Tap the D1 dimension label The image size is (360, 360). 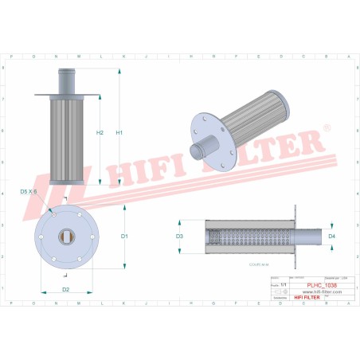pyautogui.click(x=124, y=237)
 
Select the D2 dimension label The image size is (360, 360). pyautogui.click(x=66, y=289)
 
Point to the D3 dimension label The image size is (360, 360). pyautogui.click(x=179, y=237)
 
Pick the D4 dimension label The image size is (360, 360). pyautogui.click(x=331, y=237)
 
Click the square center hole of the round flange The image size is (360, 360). pyautogui.click(x=66, y=236)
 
